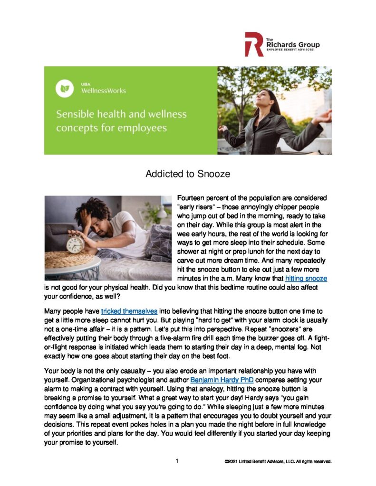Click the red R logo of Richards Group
(x=253, y=44)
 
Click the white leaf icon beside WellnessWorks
(x=64, y=88)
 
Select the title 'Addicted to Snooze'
(x=188, y=174)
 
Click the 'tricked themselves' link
(x=129, y=311)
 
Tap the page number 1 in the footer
(x=177, y=461)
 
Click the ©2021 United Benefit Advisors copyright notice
(x=279, y=461)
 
